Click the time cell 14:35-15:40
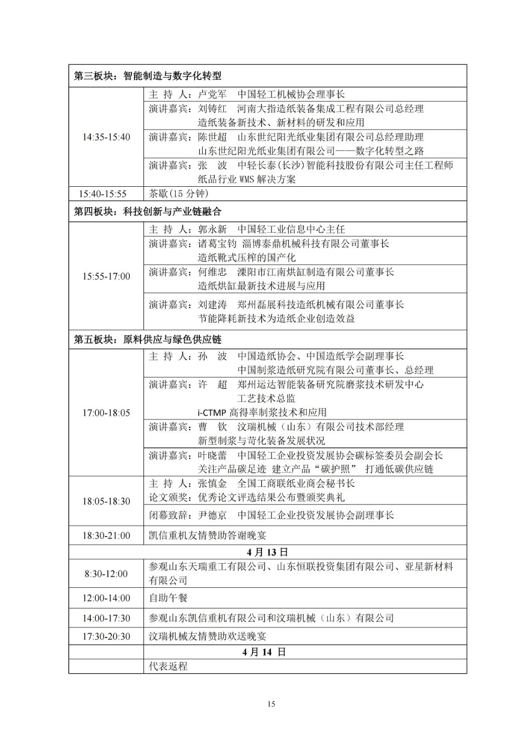click(106, 137)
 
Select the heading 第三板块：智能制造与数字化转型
click(148, 76)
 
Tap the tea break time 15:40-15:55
click(106, 194)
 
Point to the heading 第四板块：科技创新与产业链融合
click(148, 212)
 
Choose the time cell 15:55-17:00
click(106, 276)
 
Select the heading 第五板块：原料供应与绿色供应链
click(148, 340)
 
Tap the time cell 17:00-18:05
click(106, 413)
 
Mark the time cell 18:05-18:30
click(106, 501)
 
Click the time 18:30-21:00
click(106, 536)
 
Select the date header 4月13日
click(268, 552)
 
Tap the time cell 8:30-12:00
click(106, 574)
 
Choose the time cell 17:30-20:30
click(106, 637)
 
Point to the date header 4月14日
click(264, 652)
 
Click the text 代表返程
click(168, 667)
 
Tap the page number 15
click(271, 704)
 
